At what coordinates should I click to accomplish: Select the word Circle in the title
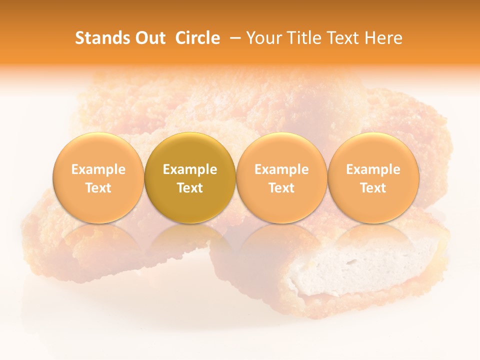(x=197, y=38)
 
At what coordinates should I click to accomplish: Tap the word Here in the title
(x=383, y=38)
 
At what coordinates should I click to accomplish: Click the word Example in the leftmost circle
(x=98, y=169)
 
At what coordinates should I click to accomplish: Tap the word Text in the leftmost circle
(x=98, y=188)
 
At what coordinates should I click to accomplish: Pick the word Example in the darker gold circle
(x=190, y=169)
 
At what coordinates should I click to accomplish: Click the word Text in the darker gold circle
(x=190, y=188)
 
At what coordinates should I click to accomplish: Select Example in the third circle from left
(x=281, y=169)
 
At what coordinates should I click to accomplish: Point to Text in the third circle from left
(x=281, y=188)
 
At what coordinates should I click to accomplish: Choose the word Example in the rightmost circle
(x=373, y=169)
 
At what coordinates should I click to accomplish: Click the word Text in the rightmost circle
(x=373, y=188)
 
